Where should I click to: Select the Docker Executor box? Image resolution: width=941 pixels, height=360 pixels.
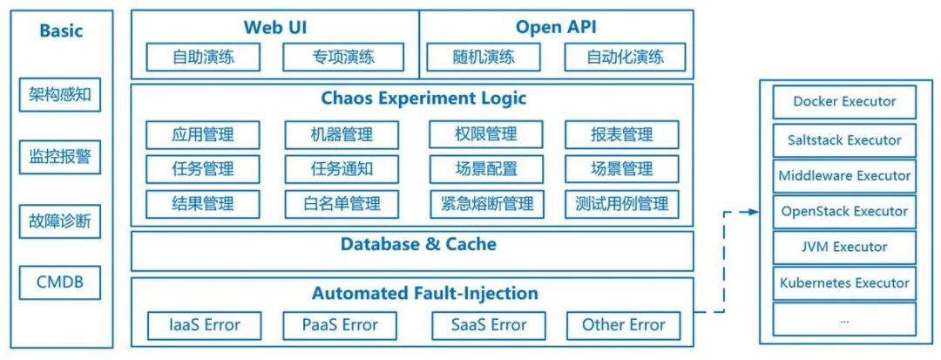(x=844, y=102)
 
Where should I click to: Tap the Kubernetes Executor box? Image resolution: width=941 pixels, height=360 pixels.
(x=844, y=283)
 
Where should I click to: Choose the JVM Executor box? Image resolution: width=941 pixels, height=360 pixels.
(x=844, y=248)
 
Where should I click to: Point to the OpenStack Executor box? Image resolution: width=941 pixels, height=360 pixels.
(x=844, y=211)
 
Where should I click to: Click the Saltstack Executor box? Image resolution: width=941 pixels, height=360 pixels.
(x=844, y=139)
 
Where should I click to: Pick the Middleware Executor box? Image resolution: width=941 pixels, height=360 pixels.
(x=844, y=175)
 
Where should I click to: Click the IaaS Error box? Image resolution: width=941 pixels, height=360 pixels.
(x=204, y=325)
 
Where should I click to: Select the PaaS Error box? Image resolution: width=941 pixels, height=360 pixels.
(x=340, y=325)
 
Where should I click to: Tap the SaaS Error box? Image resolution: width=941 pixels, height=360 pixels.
(x=488, y=325)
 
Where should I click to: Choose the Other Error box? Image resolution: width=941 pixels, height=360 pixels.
(x=624, y=325)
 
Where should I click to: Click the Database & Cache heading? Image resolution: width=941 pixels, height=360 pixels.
(x=418, y=245)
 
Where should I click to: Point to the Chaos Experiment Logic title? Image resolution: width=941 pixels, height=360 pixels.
(x=423, y=98)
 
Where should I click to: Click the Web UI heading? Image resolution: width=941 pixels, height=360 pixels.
(x=274, y=27)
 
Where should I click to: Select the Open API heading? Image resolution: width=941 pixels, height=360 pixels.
(x=556, y=27)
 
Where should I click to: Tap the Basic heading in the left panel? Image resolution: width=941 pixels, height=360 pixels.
(x=60, y=31)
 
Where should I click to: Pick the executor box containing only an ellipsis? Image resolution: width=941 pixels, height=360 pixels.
(x=844, y=319)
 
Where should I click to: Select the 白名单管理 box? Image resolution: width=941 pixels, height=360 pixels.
(x=342, y=204)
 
